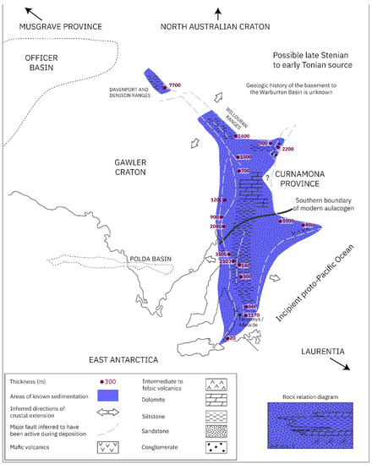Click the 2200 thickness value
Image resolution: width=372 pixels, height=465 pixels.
288,149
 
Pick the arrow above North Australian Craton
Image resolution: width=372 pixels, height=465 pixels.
217,12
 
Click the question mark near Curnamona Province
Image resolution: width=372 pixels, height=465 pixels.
268,177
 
